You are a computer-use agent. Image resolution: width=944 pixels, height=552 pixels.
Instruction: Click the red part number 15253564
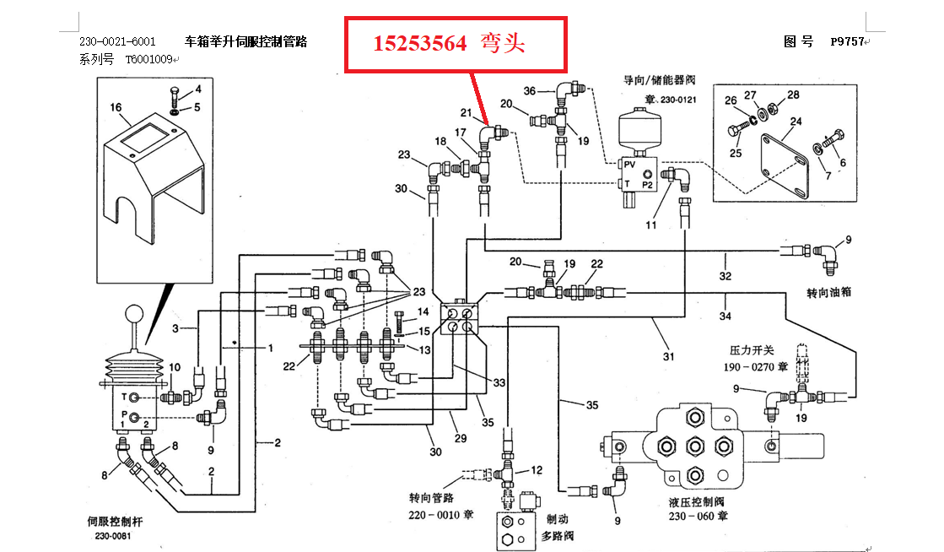(420, 43)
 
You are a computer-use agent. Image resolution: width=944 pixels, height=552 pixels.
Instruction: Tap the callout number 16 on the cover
(116, 108)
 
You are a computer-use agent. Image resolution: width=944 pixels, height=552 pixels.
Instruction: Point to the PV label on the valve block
(628, 165)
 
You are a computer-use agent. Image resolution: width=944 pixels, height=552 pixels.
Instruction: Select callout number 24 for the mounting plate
(796, 122)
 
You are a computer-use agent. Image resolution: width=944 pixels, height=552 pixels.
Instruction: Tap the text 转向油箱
(829, 292)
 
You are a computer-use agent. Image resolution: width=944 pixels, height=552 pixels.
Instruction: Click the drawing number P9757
(847, 41)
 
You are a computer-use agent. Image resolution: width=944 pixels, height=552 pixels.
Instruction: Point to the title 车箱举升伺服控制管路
(245, 41)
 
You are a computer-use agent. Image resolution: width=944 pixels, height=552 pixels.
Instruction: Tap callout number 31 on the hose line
(669, 356)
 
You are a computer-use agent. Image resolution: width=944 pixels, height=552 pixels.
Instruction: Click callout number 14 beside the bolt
(423, 312)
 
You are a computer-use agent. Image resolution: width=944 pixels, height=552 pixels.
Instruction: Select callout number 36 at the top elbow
(529, 90)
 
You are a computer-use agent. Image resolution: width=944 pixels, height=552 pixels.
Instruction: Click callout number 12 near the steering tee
(537, 469)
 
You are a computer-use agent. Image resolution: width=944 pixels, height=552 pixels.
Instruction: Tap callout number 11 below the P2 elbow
(650, 225)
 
